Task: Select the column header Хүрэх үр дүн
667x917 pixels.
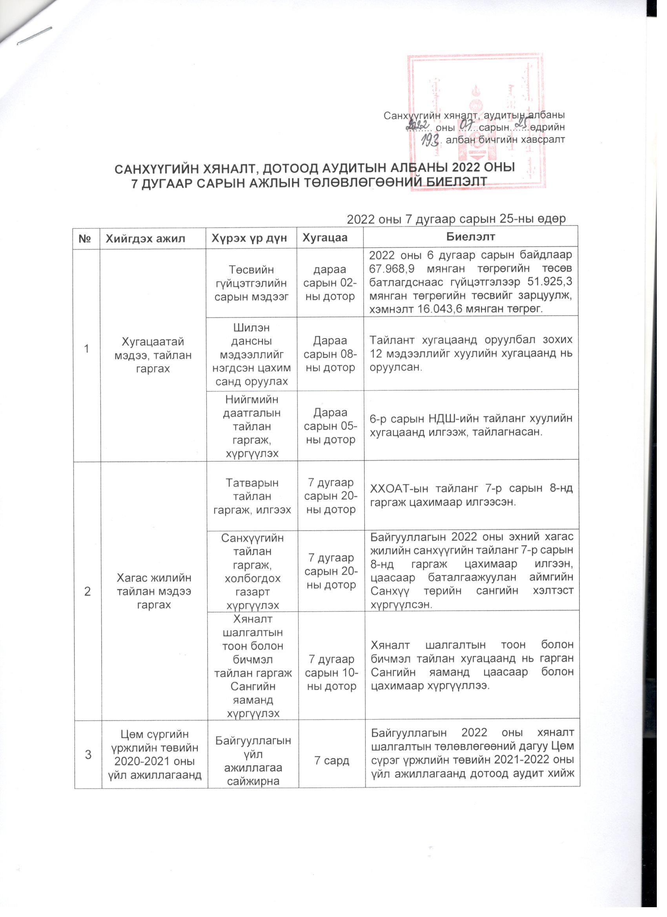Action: [250, 238]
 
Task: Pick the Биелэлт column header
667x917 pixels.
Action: [470, 237]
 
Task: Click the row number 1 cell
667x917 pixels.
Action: [87, 349]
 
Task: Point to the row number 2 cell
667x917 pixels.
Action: [87, 591]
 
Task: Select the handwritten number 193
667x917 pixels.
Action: [430, 140]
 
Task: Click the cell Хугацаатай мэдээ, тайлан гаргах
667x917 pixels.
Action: [153, 355]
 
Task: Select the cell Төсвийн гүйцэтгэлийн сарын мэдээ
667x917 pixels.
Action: [251, 283]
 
